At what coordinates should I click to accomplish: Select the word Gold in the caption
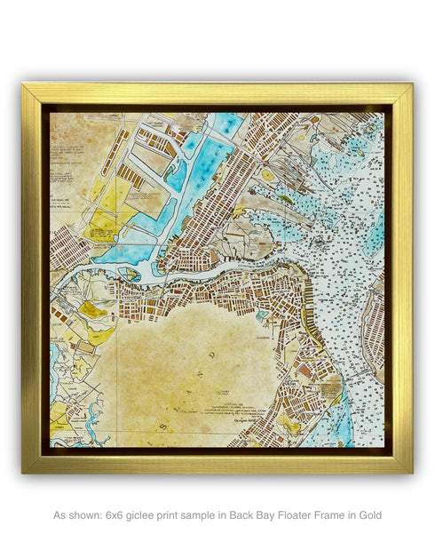coord(368,514)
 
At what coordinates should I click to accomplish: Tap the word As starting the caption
coord(60,514)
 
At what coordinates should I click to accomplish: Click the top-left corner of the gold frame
coord(24,85)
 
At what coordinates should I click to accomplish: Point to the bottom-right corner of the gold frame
coord(411,472)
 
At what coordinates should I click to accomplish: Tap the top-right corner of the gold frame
coord(411,85)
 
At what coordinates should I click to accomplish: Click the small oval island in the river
coord(132,275)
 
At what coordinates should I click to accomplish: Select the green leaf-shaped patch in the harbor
coord(285,200)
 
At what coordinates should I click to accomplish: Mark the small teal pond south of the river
coord(260,315)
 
